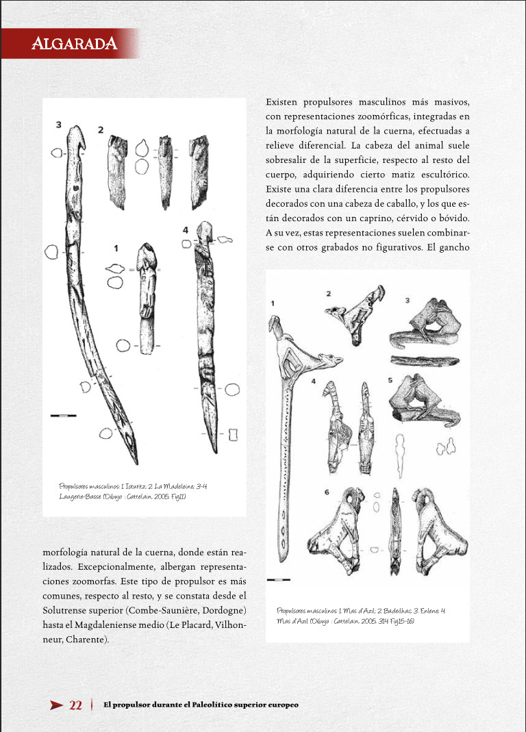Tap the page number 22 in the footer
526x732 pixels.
76,705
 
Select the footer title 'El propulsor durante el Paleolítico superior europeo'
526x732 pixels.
201,705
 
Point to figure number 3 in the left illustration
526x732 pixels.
59,125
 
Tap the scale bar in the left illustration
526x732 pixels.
63,415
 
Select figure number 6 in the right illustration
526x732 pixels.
327,492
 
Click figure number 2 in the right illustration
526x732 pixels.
329,294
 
